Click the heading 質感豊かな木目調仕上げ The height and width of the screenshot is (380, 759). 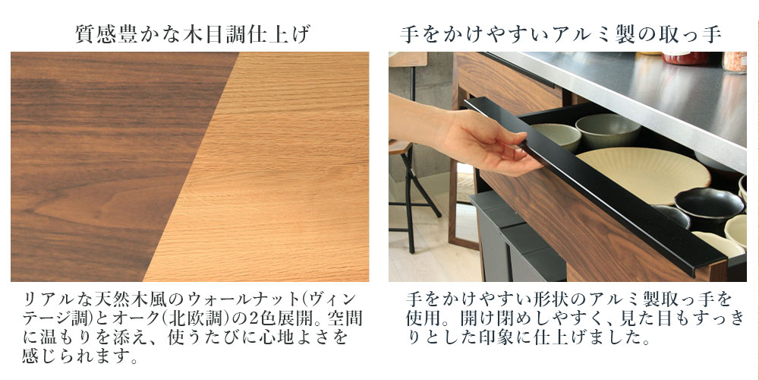point(193,35)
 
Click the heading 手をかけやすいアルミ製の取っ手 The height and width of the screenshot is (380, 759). point(562,35)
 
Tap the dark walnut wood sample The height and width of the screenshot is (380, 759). point(97,165)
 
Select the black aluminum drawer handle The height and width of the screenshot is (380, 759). point(595,187)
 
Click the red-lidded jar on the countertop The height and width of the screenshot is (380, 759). point(685,58)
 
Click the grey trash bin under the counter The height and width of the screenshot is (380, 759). point(518,237)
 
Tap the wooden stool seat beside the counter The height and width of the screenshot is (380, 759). point(400,147)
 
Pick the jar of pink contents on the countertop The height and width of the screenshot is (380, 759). point(734,62)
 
